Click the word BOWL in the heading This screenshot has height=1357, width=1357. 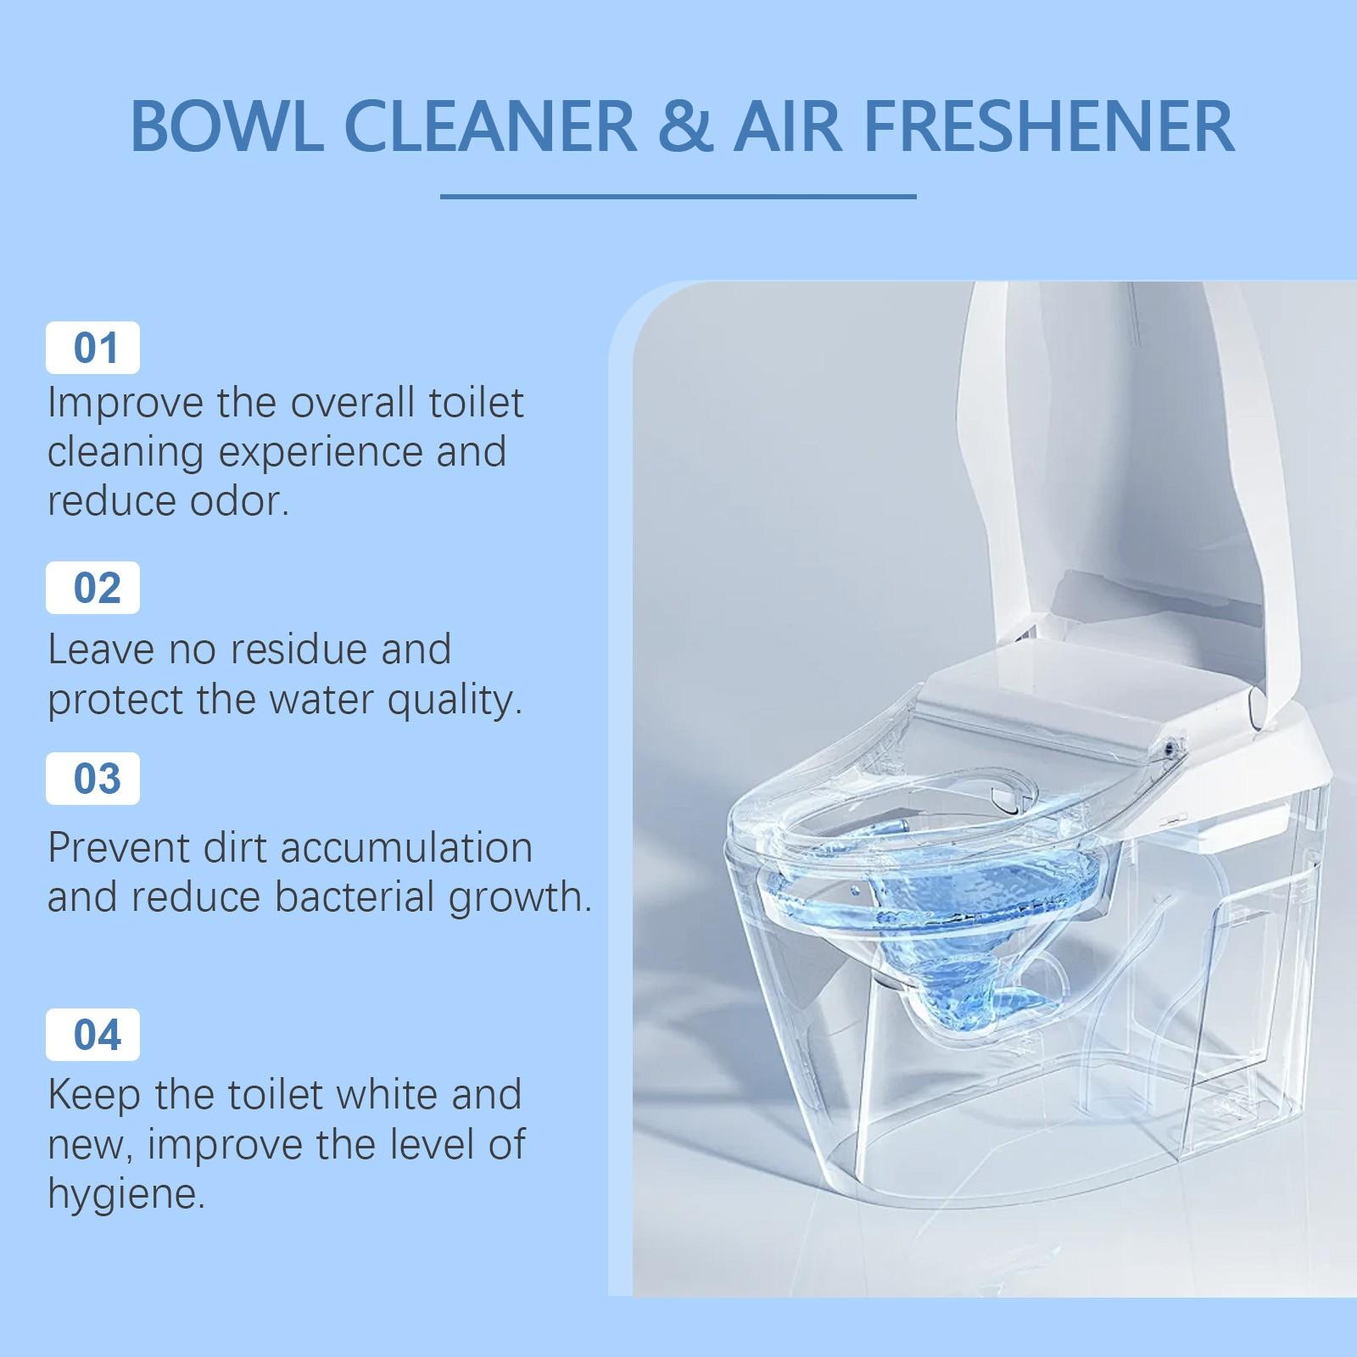(x=226, y=126)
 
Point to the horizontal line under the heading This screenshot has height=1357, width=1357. (x=678, y=197)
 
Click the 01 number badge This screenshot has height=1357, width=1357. (x=93, y=349)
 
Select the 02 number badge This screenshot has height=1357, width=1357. (x=93, y=588)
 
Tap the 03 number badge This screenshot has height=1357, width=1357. (x=93, y=779)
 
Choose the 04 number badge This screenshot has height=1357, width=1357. (x=93, y=1035)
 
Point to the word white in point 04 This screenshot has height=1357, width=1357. (x=377, y=1095)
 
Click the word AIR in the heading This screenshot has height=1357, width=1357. (x=788, y=126)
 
